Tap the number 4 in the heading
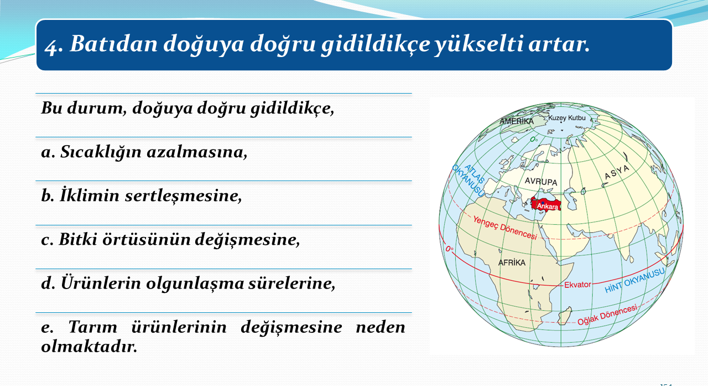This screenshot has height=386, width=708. click(x=51, y=46)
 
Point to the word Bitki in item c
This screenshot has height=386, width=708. click(x=78, y=239)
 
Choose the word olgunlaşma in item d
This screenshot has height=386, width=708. click(x=195, y=284)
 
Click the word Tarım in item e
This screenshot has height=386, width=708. click(x=92, y=327)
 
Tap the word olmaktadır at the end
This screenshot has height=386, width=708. click(x=89, y=347)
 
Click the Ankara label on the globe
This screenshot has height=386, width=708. click(x=548, y=206)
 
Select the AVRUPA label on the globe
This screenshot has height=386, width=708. click(x=541, y=181)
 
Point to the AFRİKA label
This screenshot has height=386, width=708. click(x=512, y=263)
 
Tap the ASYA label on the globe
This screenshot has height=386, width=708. click(x=617, y=172)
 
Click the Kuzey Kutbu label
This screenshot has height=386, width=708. click(x=567, y=118)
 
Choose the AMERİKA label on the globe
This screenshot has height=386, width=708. click(x=517, y=121)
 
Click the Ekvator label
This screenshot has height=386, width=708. click(x=577, y=285)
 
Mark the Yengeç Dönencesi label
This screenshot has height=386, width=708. click(x=505, y=228)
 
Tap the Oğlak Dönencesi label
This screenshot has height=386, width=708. click(x=607, y=315)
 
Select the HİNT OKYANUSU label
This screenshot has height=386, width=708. click(x=634, y=280)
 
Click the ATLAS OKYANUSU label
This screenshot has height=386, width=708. click(x=469, y=180)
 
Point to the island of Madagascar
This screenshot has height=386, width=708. click(x=565, y=316)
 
